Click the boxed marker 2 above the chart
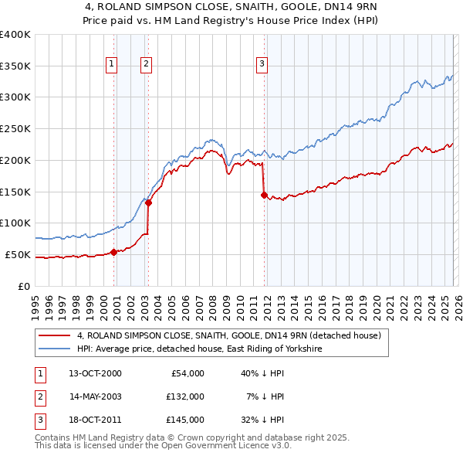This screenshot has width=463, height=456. coord(147,64)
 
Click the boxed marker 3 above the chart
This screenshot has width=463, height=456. coord(262,64)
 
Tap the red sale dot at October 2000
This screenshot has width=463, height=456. coord(113,251)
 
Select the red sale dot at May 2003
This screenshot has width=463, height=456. coord(148,202)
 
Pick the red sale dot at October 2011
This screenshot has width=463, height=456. coord(264,195)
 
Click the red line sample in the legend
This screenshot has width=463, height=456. coord(54,336)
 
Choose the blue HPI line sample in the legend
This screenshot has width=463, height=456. coord(54,349)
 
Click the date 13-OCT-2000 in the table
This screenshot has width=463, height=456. coord(95,373)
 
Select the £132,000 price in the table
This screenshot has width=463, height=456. coord(185,396)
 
